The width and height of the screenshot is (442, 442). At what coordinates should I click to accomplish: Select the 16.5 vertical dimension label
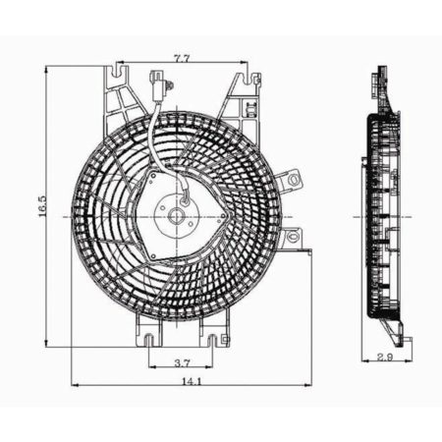[x=42, y=210]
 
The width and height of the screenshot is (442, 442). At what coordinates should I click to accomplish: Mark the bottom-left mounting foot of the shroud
[x=149, y=341]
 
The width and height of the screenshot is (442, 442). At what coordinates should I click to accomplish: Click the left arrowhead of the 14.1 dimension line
[x=74, y=384]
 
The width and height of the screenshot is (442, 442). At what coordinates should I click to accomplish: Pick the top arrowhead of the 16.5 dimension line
[x=47, y=69]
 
